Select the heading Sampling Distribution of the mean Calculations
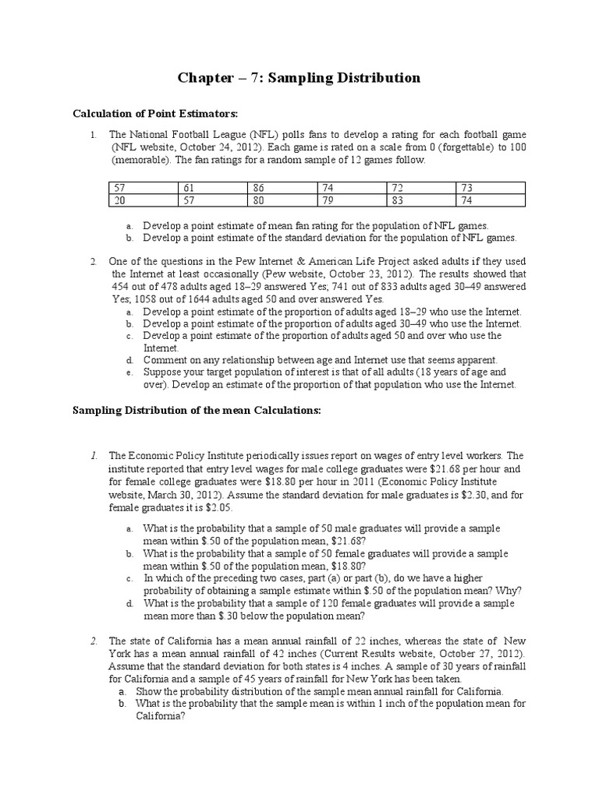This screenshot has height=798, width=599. [x=197, y=410]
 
